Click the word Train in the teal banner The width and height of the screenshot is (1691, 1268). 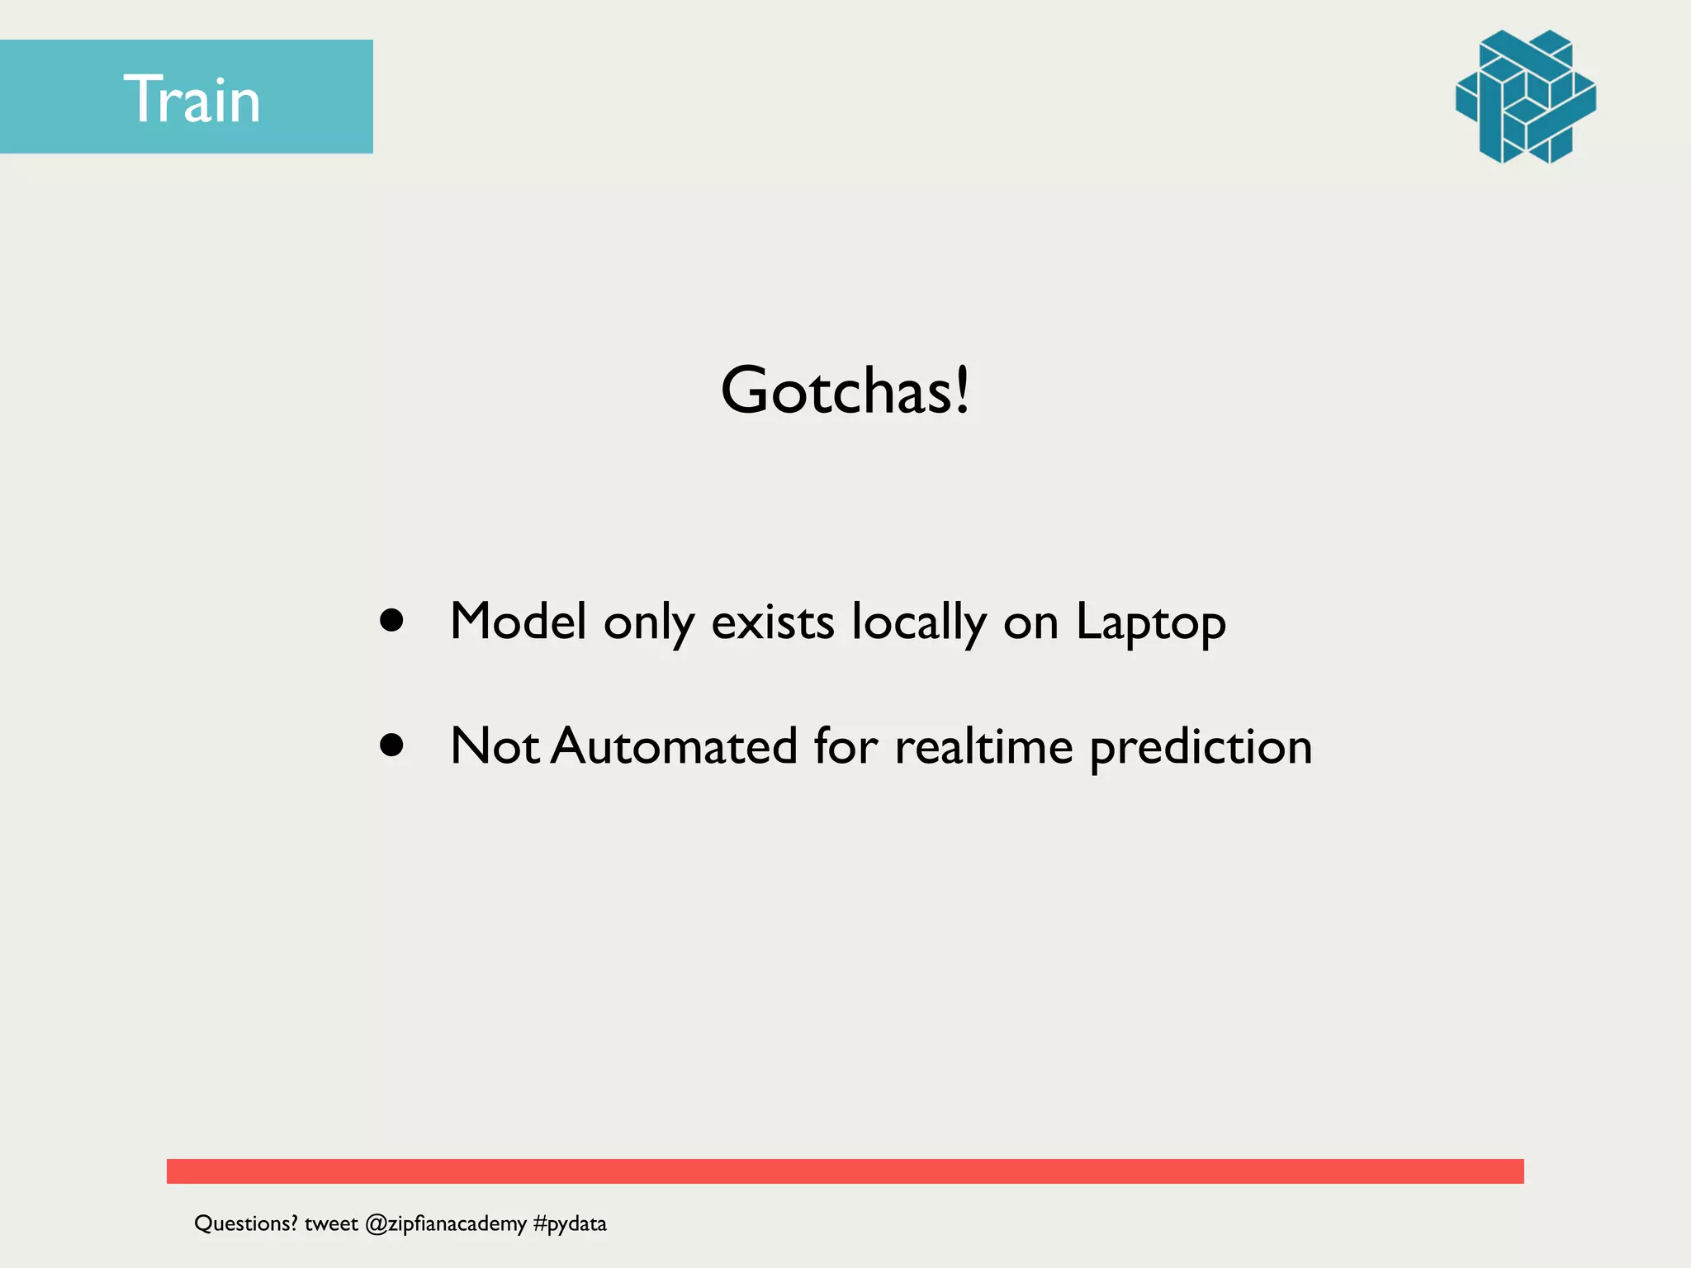(192, 99)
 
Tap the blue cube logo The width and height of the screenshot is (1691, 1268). (1525, 97)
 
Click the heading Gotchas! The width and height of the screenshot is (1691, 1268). (845, 390)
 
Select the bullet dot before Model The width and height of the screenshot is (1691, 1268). (391, 621)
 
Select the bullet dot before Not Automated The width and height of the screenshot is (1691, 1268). (391, 745)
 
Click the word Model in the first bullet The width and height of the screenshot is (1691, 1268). (519, 621)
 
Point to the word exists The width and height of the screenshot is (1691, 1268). (772, 621)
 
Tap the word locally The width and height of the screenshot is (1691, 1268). (918, 622)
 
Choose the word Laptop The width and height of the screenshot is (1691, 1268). (1150, 622)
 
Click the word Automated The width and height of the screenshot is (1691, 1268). (674, 745)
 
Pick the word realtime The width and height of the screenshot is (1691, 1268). (983, 745)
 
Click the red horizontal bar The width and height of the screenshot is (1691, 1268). (845, 1171)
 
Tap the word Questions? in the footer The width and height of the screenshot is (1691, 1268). (245, 1223)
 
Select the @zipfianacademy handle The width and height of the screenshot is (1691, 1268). (445, 1223)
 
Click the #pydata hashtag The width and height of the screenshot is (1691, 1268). (570, 1223)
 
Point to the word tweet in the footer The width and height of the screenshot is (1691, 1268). (331, 1223)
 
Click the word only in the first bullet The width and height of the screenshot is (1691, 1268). (648, 622)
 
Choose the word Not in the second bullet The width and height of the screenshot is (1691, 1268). (494, 745)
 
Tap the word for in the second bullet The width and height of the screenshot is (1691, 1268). (845, 745)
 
